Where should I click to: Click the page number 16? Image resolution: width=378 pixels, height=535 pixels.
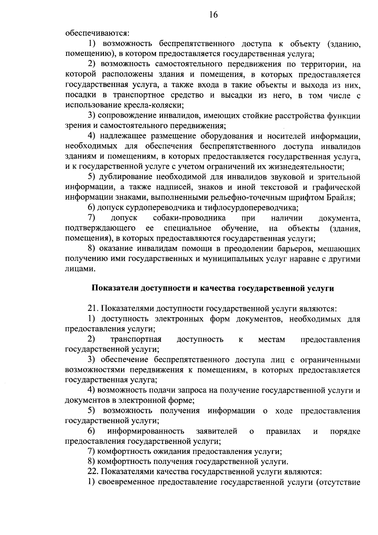213,15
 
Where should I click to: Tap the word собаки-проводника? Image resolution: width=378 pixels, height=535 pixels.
189,218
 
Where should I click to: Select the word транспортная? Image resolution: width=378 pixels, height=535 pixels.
136,340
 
